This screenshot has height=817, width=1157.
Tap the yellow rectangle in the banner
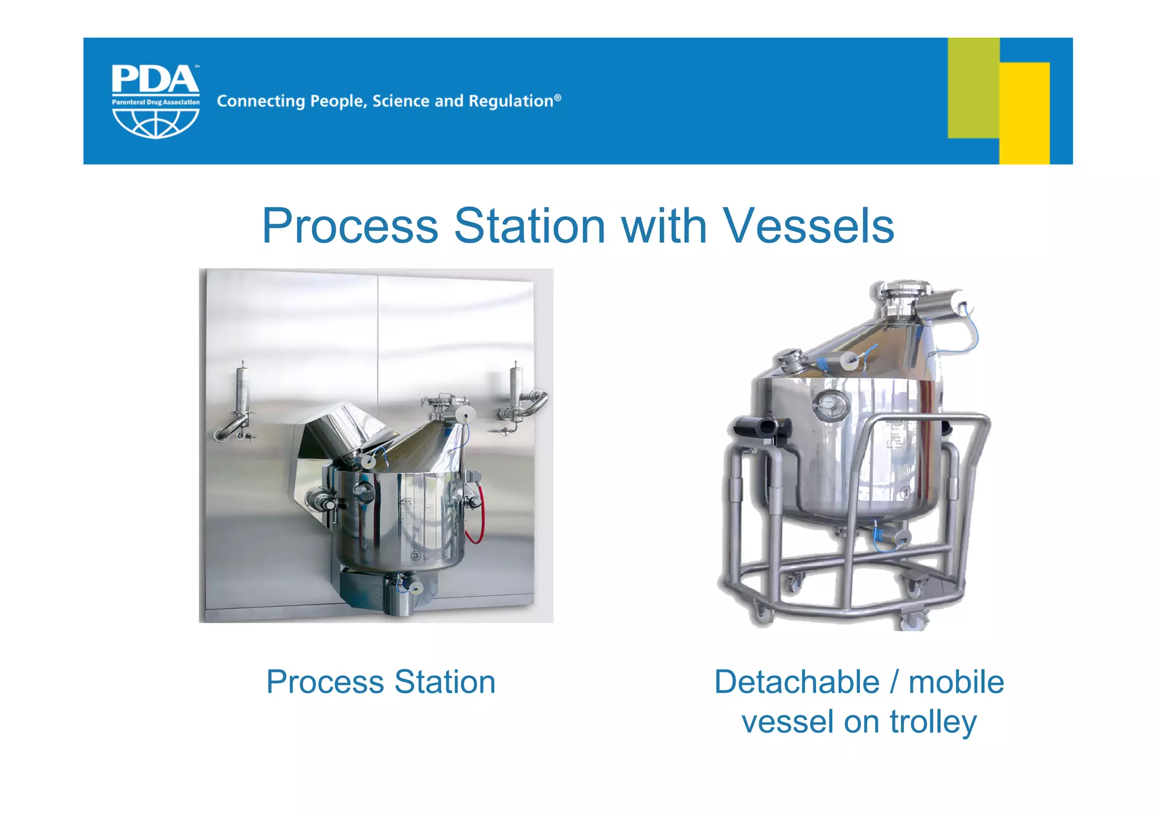point(1025,113)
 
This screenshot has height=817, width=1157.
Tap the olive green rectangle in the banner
point(973,85)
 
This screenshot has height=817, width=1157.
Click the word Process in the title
point(350,226)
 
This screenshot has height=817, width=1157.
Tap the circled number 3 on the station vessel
point(416,556)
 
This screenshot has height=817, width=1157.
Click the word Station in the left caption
point(445,682)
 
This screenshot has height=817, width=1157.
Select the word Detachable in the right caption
point(797,682)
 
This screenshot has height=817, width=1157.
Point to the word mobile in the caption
point(956,682)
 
